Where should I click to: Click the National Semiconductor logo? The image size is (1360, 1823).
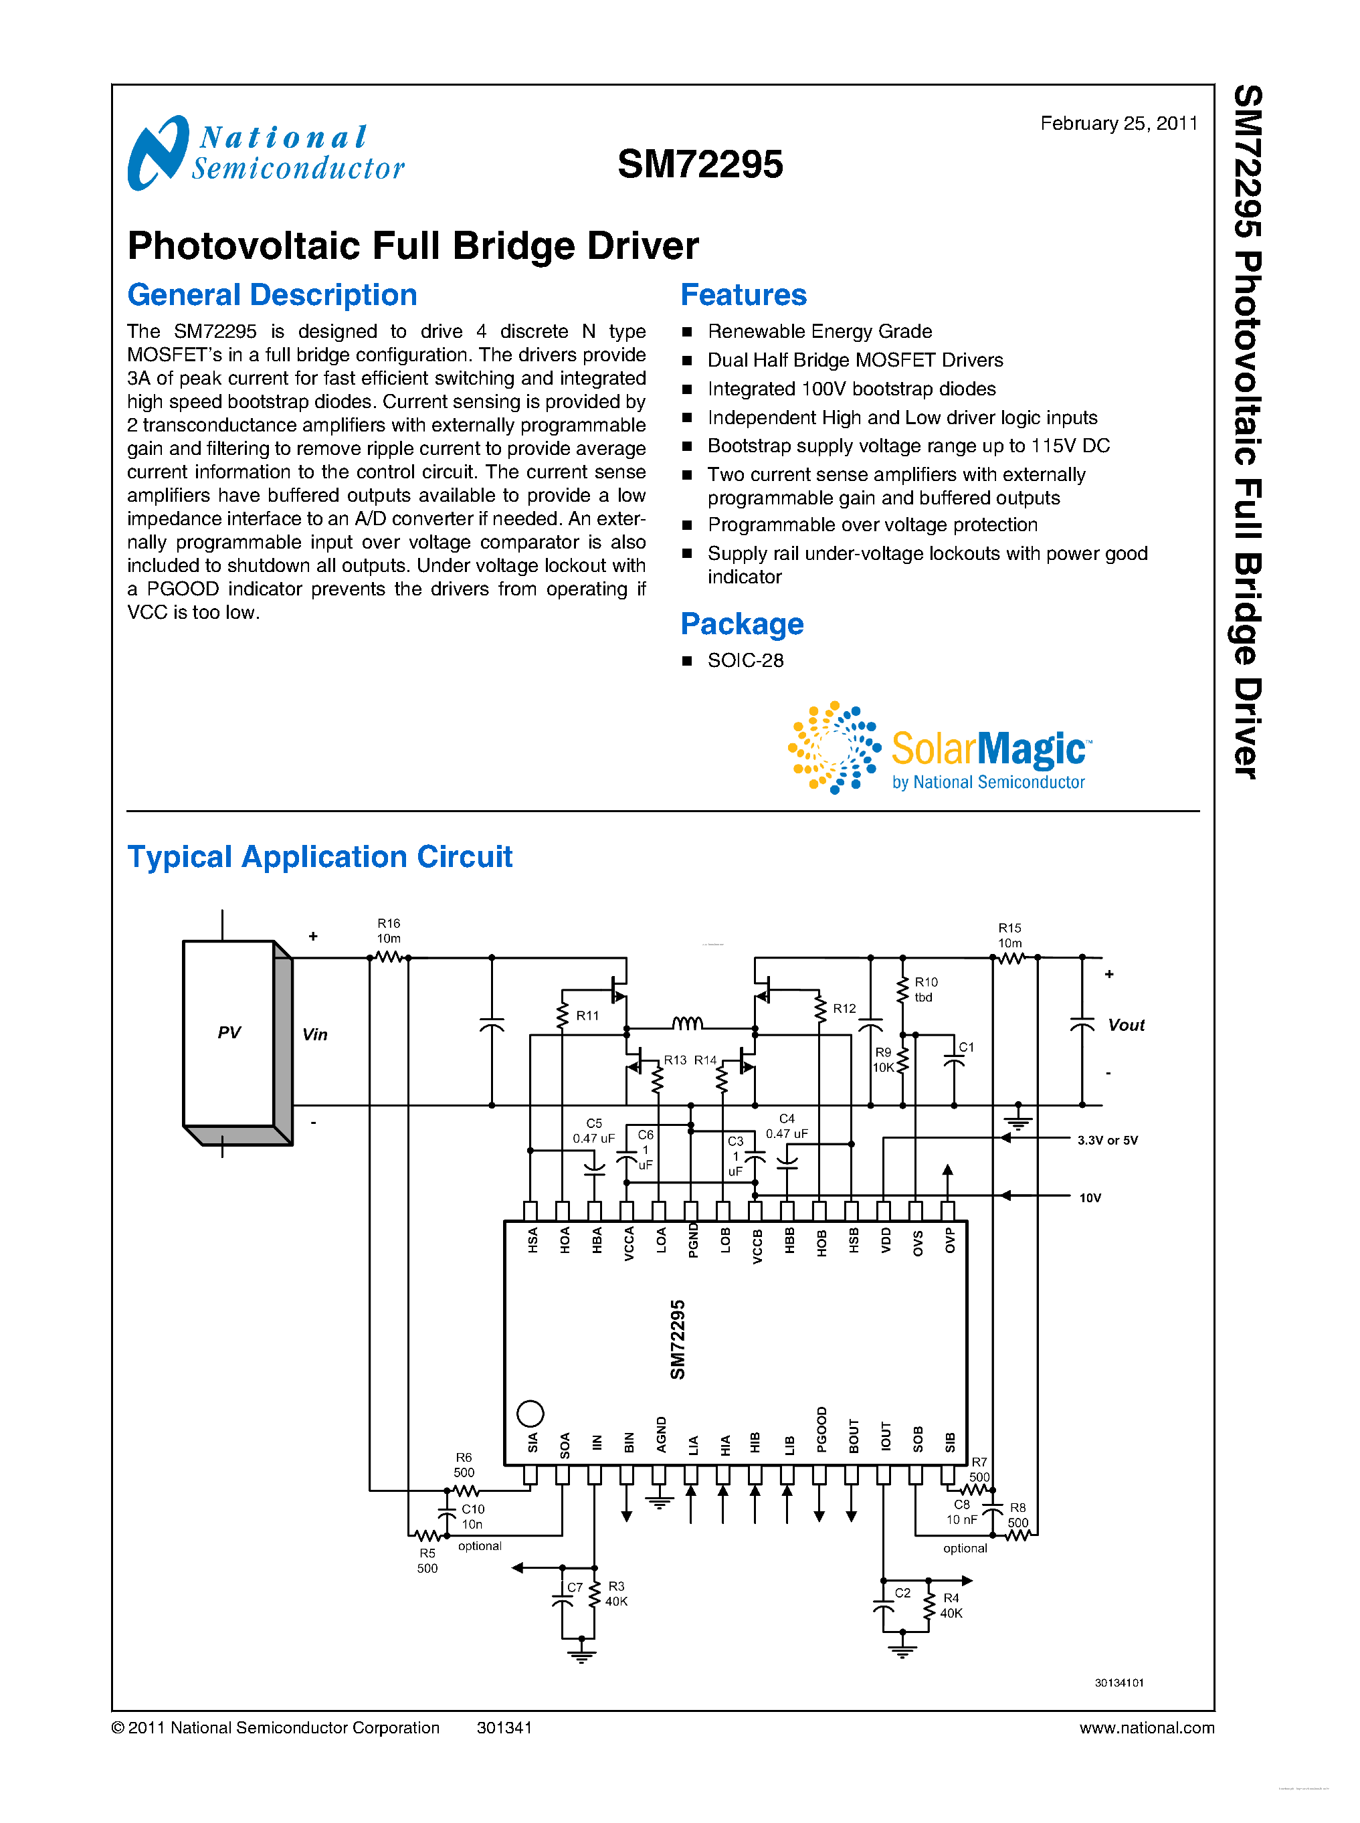(265, 153)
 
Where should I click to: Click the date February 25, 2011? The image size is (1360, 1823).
(1118, 124)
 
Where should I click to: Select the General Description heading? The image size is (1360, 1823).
(272, 295)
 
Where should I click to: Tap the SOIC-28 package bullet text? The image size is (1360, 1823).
(745, 660)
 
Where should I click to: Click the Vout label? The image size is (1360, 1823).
(1125, 1025)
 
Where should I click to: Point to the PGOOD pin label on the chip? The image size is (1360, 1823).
(821, 1430)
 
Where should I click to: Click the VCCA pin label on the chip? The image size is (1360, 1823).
(629, 1244)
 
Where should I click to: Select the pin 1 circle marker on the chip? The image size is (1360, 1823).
(530, 1414)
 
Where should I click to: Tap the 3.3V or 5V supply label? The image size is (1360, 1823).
(1107, 1141)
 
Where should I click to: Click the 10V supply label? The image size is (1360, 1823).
(1090, 1198)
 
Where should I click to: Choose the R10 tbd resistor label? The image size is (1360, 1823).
(925, 989)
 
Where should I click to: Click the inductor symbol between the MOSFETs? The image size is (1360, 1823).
(688, 1024)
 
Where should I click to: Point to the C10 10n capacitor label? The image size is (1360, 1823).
(472, 1517)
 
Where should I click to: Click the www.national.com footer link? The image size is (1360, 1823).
(1146, 1727)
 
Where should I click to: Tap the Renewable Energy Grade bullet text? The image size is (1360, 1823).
(819, 331)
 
